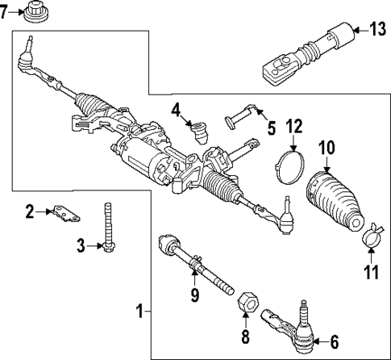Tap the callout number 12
coord(294,126)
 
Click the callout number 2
coord(31,211)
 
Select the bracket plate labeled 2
coord(64,213)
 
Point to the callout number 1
coord(139,311)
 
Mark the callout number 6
coord(335,341)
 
